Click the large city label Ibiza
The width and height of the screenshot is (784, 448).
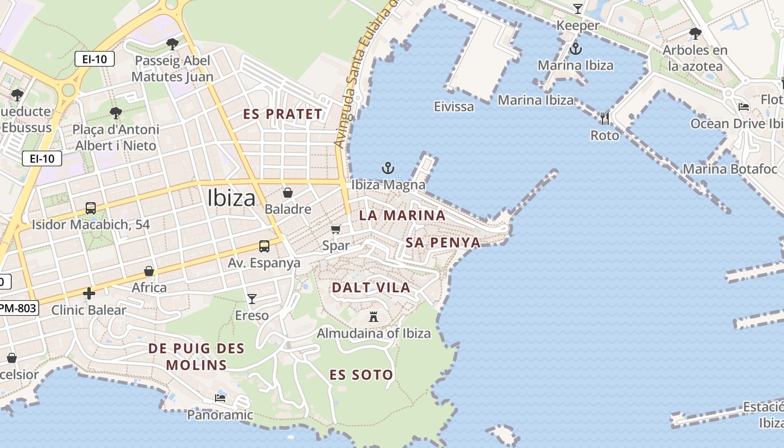coord(231,198)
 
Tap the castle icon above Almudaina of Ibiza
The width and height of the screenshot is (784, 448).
coord(374,317)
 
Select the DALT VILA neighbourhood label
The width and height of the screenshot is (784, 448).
coord(371,288)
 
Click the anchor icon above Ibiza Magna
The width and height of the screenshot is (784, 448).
coord(388,167)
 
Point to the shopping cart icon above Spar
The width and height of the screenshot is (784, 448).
coord(336,229)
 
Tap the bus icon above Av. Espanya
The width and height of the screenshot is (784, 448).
coord(264,246)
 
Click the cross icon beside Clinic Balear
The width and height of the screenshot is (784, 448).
coord(88,293)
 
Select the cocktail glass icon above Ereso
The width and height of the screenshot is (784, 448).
coord(252,298)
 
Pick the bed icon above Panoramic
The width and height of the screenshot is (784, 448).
coord(220,398)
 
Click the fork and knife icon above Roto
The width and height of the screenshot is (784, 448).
coord(604,118)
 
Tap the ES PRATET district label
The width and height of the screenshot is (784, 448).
coord(283,114)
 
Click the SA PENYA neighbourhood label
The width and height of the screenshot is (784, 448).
coord(443,242)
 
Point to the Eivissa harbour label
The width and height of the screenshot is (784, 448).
coord(454,106)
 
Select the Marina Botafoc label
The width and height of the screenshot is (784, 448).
coord(730,169)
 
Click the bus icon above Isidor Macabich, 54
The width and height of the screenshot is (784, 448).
coord(91,208)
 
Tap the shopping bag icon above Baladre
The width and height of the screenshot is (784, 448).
coord(288,193)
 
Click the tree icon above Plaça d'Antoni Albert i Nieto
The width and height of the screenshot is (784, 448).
coord(116,113)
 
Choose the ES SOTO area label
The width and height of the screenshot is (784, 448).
coord(361,375)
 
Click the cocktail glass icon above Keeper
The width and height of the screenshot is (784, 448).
coord(578,9)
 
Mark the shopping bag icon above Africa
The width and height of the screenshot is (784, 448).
coord(149,271)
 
